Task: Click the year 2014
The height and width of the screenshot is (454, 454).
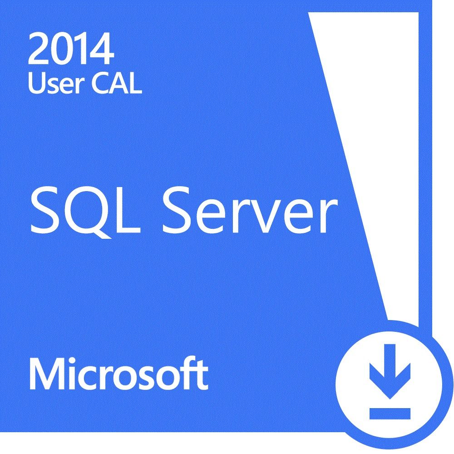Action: click(x=71, y=49)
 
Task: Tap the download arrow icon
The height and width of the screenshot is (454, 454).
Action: click(x=390, y=371)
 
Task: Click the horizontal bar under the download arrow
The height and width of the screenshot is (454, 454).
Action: click(x=390, y=414)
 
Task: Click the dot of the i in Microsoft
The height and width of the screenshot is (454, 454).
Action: click(x=74, y=361)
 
